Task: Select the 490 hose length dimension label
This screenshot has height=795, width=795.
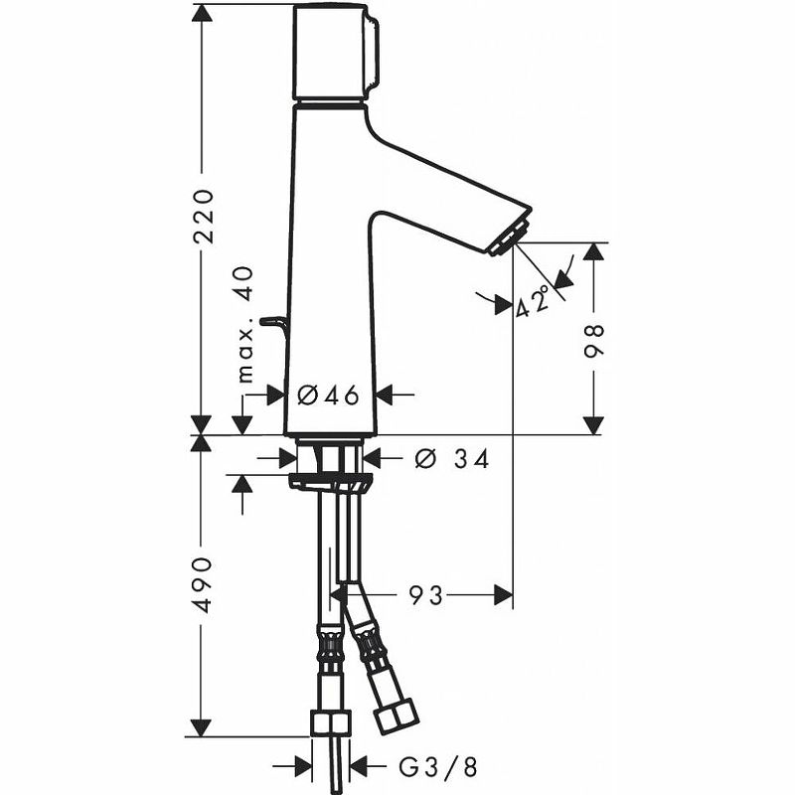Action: click(x=203, y=583)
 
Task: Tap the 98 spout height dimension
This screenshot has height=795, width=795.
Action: click(x=594, y=338)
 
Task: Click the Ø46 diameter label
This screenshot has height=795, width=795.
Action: click(x=329, y=395)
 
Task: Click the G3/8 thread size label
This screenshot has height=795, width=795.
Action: click(x=438, y=766)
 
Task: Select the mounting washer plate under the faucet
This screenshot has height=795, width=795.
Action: click(x=330, y=482)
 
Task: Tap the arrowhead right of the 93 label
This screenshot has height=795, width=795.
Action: click(x=503, y=595)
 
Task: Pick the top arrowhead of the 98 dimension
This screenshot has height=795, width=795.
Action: click(x=593, y=250)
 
